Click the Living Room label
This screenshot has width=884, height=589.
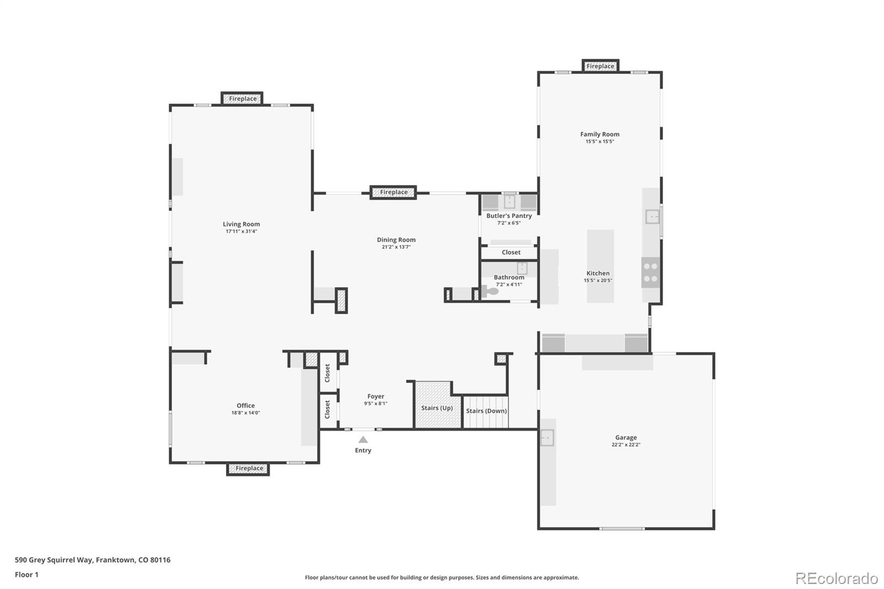[241, 224]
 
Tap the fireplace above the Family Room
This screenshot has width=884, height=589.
[600, 66]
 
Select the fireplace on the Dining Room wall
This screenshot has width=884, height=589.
[393, 192]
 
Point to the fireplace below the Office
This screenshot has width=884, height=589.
[249, 469]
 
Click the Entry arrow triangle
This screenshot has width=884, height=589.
[363, 440]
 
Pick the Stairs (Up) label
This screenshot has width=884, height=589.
[436, 408]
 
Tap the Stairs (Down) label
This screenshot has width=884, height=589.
[486, 411]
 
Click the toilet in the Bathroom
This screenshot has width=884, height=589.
[491, 291]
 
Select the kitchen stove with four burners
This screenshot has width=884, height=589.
[651, 272]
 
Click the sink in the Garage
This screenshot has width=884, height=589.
[546, 438]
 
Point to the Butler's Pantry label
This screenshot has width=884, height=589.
[509, 216]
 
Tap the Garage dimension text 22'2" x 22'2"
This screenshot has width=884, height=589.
[625, 445]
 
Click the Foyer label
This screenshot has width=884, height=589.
[376, 397]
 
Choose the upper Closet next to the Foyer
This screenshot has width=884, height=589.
[328, 372]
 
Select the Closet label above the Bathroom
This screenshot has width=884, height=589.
[511, 253]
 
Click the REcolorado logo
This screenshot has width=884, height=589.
[836, 579]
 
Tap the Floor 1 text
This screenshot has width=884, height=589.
[27, 575]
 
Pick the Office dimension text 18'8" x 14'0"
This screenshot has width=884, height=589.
[245, 413]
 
